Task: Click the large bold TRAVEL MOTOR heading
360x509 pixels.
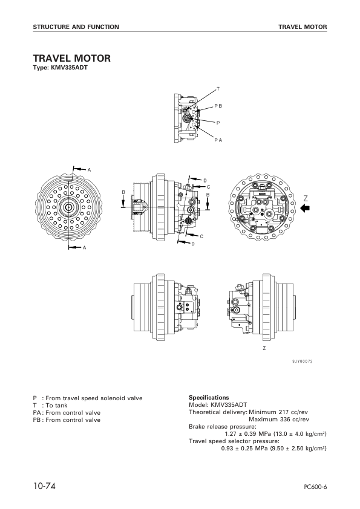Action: [x=71, y=59]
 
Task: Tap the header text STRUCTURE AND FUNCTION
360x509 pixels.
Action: [x=76, y=27]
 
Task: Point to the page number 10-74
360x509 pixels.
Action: [x=45, y=486]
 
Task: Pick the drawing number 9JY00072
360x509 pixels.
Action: [x=303, y=361]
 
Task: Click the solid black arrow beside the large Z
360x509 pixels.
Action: [x=306, y=208]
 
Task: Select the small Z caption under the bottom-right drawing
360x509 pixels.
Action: [x=264, y=349]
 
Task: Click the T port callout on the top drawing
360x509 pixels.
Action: [x=218, y=89]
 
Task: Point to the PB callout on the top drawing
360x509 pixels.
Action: [x=218, y=105]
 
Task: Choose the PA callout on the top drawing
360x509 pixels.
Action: [x=218, y=140]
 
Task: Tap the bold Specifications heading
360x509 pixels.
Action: [x=209, y=398]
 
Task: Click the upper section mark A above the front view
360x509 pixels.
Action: [x=89, y=169]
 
